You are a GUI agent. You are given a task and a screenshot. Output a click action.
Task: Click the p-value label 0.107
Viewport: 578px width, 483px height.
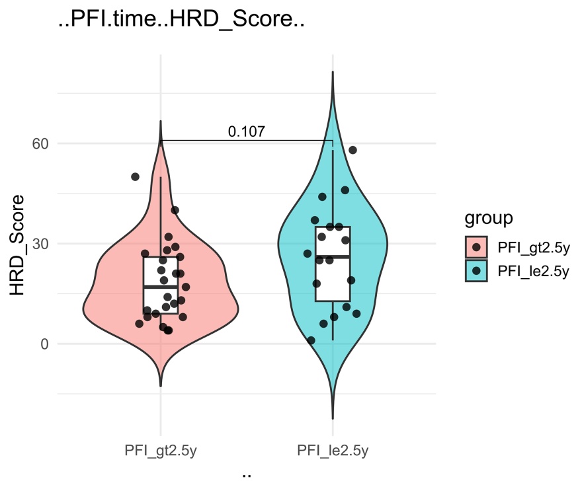point(247,131)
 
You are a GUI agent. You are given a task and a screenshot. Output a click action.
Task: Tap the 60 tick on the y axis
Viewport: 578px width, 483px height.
point(41,143)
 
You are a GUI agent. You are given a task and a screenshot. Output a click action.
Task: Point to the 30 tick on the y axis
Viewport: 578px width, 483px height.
point(41,244)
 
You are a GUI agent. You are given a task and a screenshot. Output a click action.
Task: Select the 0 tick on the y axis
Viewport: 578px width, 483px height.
point(45,344)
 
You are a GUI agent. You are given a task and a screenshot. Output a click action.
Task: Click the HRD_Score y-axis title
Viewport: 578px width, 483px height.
point(20,243)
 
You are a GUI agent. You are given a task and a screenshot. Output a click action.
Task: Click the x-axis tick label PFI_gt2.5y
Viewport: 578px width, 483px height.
point(160,451)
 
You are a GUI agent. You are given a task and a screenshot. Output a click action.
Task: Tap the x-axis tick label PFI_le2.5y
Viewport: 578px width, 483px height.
point(332,451)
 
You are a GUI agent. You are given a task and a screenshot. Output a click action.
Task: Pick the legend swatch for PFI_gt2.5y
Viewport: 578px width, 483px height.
point(476,247)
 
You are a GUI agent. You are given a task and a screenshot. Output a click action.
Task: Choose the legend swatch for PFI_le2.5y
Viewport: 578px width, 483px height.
point(476,270)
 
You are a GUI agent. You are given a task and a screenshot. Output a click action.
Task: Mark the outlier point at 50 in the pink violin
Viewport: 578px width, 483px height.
point(135,177)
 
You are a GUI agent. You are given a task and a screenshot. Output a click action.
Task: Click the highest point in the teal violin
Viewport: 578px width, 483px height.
point(352,150)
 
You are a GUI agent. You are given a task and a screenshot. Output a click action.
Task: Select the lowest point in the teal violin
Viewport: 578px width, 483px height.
point(311,340)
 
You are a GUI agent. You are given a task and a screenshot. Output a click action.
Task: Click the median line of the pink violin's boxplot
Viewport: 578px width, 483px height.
point(161,287)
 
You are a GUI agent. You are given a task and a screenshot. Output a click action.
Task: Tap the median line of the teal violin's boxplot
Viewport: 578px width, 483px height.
point(332,256)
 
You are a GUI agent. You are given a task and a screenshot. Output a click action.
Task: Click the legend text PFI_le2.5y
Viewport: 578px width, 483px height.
point(533,270)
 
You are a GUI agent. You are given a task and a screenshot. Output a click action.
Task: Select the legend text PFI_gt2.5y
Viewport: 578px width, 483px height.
point(533,247)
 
